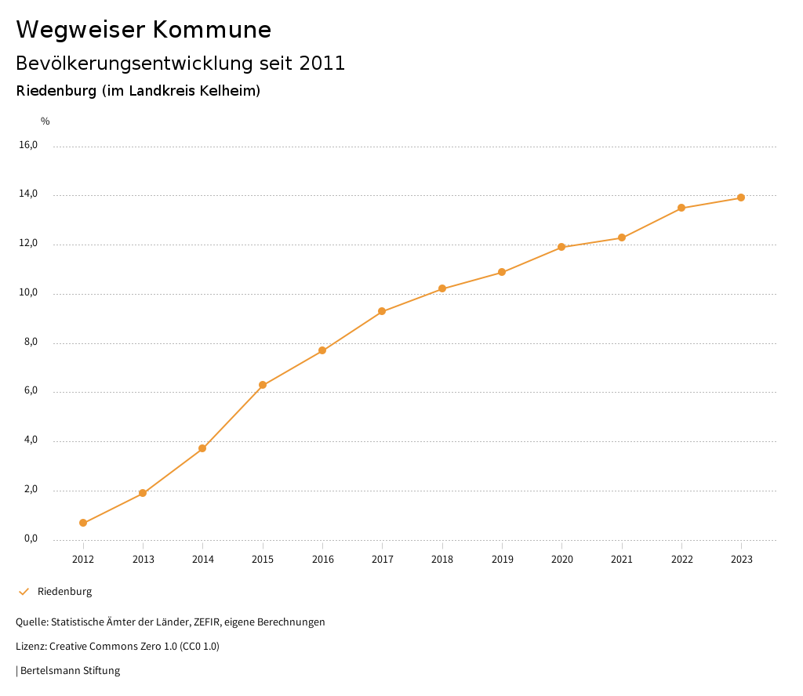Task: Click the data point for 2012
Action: coord(83,523)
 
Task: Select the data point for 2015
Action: coord(263,385)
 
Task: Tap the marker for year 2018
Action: coord(442,288)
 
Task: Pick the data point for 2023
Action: coord(741,198)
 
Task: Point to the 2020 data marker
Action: coord(561,247)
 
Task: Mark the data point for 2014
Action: coord(202,448)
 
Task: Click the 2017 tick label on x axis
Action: coord(383,559)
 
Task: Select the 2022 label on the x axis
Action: coord(681,559)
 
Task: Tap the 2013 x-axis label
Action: coord(143,559)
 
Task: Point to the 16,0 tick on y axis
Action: coord(28,145)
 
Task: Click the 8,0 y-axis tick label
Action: coord(31,343)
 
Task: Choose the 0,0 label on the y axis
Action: coord(31,539)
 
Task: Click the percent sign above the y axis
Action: coord(45,121)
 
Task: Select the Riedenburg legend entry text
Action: coord(64,592)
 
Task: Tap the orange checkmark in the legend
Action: coord(24,592)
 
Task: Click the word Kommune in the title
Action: coord(212,30)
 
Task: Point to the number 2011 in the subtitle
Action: coord(322,63)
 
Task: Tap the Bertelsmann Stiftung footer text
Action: coord(70,671)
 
